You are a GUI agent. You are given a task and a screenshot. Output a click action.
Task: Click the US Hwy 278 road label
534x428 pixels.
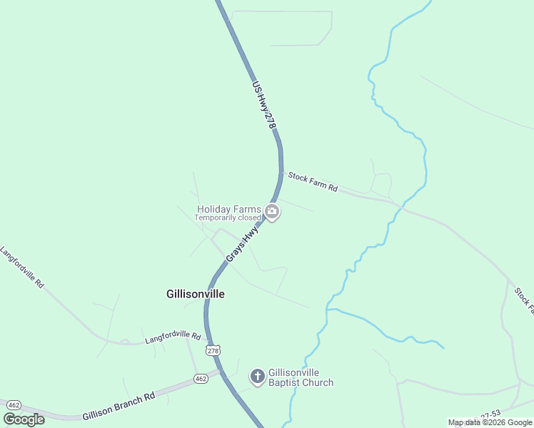coord(263,104)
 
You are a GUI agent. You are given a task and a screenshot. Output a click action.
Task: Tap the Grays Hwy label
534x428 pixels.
coord(242,244)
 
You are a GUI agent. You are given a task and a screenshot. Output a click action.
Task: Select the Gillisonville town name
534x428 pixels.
coord(195,294)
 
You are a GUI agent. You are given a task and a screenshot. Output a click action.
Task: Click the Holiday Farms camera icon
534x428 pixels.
coord(272,212)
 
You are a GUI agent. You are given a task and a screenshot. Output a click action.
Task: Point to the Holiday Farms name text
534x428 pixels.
coord(228,209)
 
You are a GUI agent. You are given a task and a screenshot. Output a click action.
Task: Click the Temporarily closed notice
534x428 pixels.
coord(228,218)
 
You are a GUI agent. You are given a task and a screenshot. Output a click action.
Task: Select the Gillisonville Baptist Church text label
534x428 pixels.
coord(301,377)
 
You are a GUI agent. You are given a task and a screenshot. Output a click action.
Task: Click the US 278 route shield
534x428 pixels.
coord(212,350)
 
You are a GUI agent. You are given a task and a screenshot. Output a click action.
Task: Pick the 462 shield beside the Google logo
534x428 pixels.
coord(12,404)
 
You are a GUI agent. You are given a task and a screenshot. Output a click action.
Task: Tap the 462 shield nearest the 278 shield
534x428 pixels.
coord(201,378)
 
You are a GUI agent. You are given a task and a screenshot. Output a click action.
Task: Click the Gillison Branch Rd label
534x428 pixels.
coord(119,406)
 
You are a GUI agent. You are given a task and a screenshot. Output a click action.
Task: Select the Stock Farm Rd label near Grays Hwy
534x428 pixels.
coord(312,182)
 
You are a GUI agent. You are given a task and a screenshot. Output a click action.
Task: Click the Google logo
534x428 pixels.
coord(24,419)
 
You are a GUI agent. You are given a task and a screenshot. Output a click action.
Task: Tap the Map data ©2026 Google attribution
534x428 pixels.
coord(490,422)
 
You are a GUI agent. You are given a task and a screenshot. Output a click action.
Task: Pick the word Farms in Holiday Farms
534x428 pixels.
coord(246,209)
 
